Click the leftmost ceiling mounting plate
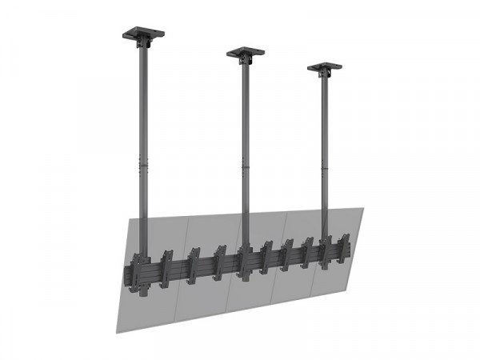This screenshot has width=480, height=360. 142,34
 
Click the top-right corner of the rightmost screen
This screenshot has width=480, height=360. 364,209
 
